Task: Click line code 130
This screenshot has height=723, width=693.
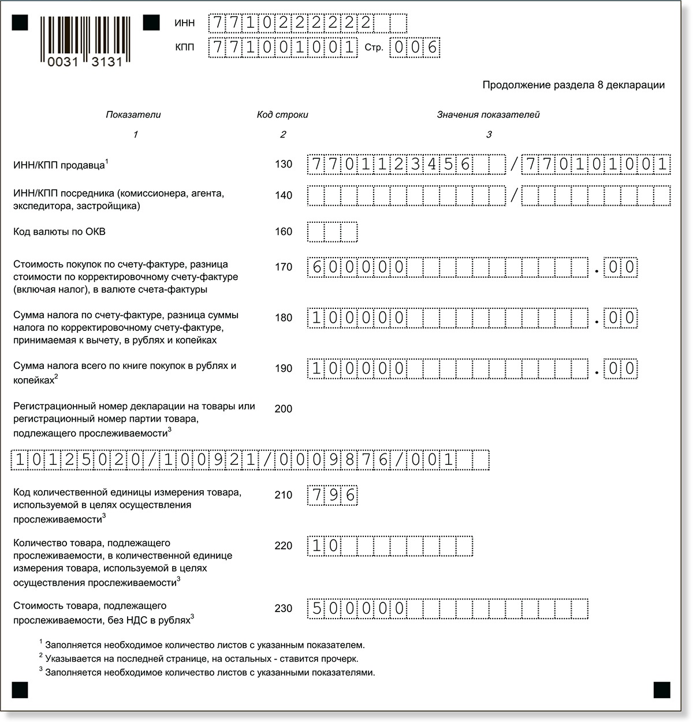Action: tap(284, 165)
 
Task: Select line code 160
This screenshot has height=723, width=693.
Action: tap(284, 232)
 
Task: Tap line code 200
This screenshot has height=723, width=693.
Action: tap(284, 409)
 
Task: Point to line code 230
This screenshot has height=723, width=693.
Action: tap(284, 609)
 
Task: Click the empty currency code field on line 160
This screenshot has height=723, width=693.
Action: tap(333, 232)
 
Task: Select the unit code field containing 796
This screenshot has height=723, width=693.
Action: tap(333, 495)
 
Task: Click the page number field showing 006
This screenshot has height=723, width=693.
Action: tap(415, 47)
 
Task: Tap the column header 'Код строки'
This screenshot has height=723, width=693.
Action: tap(282, 115)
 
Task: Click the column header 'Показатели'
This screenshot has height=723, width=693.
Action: tap(133, 115)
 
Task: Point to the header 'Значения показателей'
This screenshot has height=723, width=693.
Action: tap(488, 115)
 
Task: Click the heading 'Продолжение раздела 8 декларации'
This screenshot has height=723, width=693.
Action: tap(573, 85)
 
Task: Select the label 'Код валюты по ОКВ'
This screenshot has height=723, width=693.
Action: tap(59, 232)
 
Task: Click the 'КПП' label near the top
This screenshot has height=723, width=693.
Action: tap(185, 47)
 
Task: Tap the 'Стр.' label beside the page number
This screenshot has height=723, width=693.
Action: tap(374, 48)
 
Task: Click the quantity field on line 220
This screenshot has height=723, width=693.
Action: tap(390, 546)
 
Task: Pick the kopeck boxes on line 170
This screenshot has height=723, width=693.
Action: tap(621, 267)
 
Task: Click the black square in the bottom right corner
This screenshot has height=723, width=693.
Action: tap(662, 690)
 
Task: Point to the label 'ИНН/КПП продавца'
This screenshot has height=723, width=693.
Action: tap(61, 166)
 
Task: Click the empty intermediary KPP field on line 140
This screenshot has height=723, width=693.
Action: tap(596, 196)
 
